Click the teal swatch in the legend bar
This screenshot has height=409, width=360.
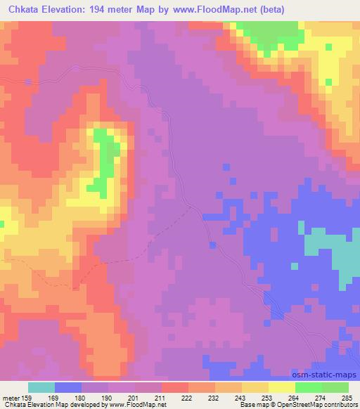pyautogui.click(x=41, y=387)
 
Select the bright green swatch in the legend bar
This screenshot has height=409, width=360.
pyautogui.click(x=308, y=387)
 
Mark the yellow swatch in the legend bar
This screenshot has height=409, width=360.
pyautogui.click(x=281, y=387)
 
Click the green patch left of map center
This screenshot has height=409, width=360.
pyautogui.click(x=107, y=158)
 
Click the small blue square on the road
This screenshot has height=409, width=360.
pyautogui.click(x=212, y=244)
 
